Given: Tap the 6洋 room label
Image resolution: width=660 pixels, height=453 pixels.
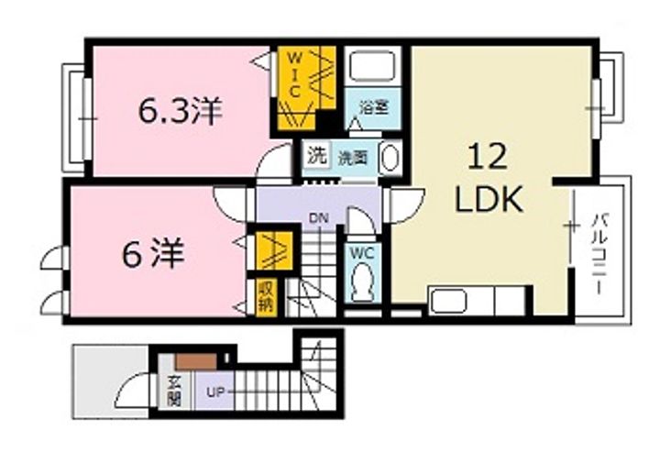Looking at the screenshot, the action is coord(153,253).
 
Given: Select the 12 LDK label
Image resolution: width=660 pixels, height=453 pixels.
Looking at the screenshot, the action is coord(489,178).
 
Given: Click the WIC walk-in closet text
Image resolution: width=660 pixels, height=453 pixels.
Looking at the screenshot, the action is coord(294,74).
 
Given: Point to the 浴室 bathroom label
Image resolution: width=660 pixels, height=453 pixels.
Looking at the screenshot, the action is coord(374,108).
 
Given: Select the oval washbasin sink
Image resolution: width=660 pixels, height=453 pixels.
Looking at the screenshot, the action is coord(390,158).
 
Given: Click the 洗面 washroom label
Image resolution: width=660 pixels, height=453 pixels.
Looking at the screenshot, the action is coord(354,158).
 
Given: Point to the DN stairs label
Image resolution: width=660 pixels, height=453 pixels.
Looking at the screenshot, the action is coord(319,218).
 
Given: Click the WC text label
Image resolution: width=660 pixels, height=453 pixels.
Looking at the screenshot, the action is coord(362,253).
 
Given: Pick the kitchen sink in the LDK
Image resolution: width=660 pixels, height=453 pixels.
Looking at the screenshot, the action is coord(448,301).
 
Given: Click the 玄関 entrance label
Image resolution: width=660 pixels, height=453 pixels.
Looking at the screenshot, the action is coord(173,390).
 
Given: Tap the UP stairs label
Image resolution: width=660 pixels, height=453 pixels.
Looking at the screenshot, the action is coord(214,392).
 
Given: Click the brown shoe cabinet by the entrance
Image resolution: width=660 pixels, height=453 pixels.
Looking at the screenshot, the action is coord(196,361).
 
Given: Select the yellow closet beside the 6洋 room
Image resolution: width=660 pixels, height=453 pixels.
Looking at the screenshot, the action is coord(274,250).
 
